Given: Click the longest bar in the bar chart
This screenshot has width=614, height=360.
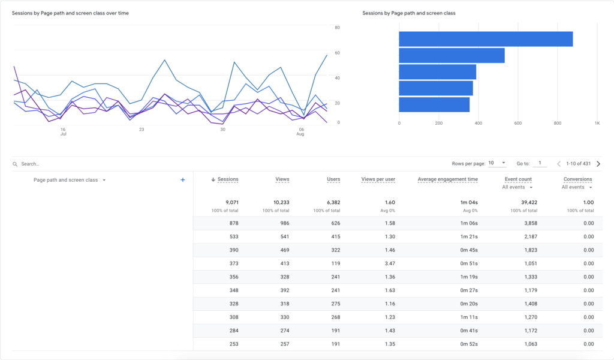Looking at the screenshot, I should pos(486,39).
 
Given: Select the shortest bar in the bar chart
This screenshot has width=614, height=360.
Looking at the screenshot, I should pos(434,104).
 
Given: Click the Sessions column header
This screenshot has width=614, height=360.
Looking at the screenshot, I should pos(227,179).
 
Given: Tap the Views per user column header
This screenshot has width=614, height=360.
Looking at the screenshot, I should pos(378,179).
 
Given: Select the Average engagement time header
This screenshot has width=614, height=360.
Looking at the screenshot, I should pos(447,179).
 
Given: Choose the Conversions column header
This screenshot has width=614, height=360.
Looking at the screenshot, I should pos(577,179).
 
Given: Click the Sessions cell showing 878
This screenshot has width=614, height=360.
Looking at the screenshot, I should pos(233,223).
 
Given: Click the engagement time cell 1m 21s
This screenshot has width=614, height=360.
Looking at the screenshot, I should pos(469,236).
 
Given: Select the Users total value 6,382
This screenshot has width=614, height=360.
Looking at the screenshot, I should pos(330,203).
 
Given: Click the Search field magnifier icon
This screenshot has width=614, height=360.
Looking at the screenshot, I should pos(15,164).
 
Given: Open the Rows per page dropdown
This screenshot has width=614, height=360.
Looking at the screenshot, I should pos(497,163).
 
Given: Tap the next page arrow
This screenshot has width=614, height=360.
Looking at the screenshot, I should pos(598,163).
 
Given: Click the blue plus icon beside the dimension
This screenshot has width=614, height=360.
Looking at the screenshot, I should pos(183,180).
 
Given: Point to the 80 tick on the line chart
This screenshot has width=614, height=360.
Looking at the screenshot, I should pos(338,28).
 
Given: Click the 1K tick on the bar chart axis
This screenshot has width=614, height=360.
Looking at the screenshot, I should pos(597,123).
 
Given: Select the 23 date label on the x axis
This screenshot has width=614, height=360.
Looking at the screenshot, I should pos(142,130).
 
